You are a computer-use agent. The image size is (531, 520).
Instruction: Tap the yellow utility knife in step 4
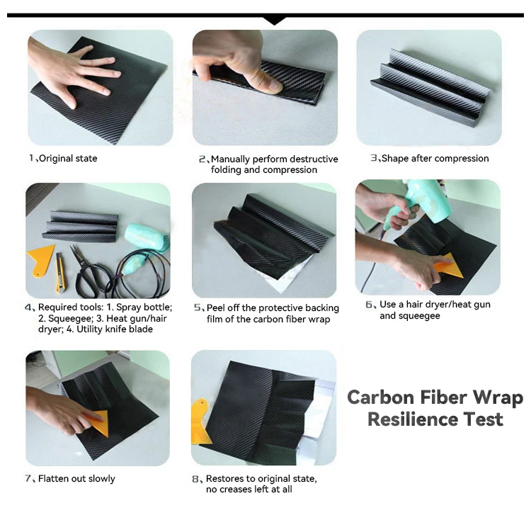pos(60,273)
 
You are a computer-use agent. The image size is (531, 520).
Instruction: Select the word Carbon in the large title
pos(381,397)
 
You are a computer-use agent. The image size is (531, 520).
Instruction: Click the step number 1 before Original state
pos(31,158)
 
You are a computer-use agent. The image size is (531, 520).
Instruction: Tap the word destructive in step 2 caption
pos(314,159)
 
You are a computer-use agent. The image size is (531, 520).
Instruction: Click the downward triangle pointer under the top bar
pos(274,21)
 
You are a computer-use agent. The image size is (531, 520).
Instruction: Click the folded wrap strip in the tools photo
pos(81,225)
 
